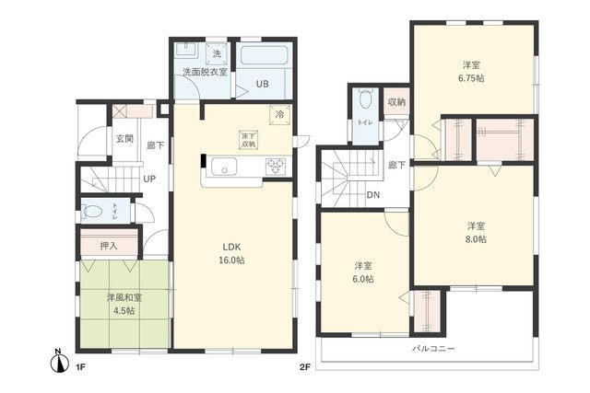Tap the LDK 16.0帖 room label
click(231, 253)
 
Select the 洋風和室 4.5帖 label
click(124, 305)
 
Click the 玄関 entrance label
click(124, 138)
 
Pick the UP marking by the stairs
click(148, 179)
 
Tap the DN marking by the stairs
click(373, 195)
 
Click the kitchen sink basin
click(224, 167)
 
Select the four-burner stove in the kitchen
click(277, 167)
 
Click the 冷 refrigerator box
click(280, 115)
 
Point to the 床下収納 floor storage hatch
click(249, 140)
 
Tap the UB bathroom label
click(262, 85)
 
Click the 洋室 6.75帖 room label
click(473, 72)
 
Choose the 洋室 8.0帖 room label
click(475, 232)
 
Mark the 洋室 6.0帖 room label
click(361, 272)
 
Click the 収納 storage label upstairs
click(395, 102)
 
